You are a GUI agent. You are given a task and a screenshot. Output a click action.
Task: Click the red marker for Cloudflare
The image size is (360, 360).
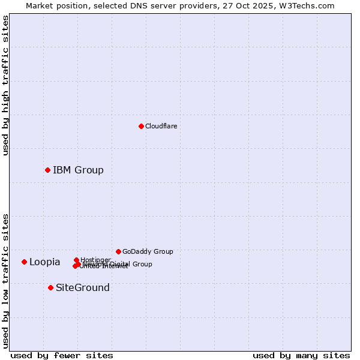click(141, 126)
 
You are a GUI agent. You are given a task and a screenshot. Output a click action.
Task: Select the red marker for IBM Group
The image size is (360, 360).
click(47, 170)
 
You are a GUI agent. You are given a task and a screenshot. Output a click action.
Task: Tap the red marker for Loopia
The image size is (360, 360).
click(24, 262)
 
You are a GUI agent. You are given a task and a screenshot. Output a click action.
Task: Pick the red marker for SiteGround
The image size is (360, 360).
click(50, 287)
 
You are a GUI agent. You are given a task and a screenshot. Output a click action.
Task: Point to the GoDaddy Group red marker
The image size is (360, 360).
click(118, 251)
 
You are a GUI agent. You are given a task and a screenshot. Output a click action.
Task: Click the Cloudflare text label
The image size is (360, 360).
click(161, 126)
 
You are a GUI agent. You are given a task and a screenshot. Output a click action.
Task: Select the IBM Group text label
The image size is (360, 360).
click(78, 170)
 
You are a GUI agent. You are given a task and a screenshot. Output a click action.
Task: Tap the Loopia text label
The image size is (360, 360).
click(44, 262)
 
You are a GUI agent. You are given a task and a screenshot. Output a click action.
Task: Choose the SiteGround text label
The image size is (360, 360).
click(82, 287)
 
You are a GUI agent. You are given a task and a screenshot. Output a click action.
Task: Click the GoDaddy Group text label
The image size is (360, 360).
click(147, 251)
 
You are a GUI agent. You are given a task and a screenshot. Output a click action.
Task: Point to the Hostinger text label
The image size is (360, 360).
click(95, 259)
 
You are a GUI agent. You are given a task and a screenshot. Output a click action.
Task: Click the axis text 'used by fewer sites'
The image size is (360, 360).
click(62, 355)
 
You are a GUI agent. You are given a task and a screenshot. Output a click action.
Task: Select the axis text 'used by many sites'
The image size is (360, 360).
click(301, 355)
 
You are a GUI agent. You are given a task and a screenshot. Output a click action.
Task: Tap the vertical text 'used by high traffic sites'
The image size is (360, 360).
click(5, 85)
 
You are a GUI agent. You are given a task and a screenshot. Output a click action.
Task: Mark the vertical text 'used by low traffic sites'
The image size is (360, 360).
click(5, 280)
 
